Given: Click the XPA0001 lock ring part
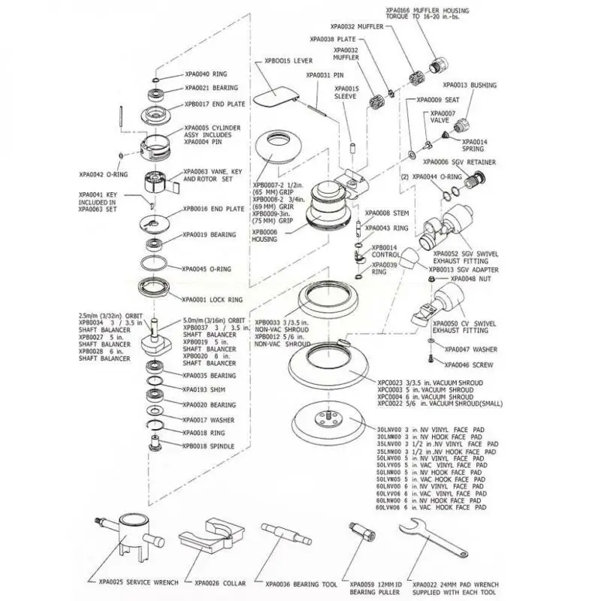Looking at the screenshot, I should (156, 286).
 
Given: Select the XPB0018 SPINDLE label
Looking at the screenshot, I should (208, 445).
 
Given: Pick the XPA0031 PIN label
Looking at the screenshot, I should (328, 75).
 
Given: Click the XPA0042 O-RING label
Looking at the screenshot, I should (100, 174).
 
